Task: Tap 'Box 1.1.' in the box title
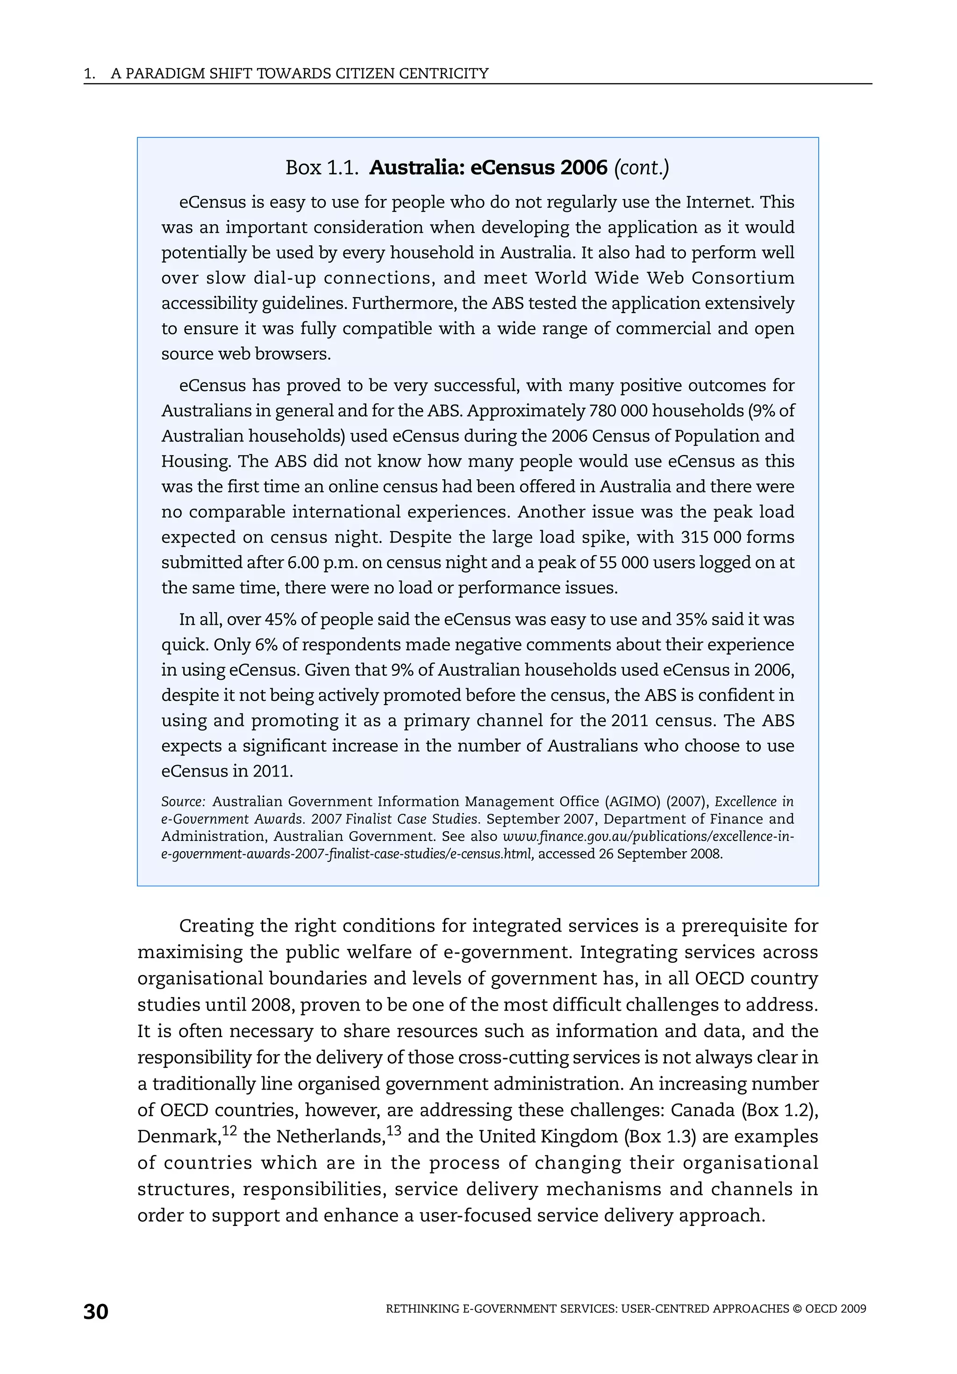(x=322, y=168)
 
